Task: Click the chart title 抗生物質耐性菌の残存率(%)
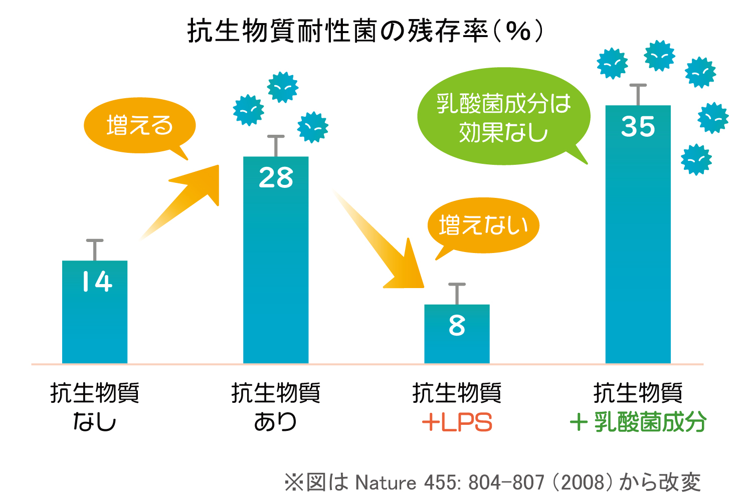pyautogui.click(x=365, y=31)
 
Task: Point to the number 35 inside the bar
pyautogui.click(x=638, y=127)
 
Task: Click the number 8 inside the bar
pyautogui.click(x=457, y=326)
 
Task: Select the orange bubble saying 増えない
pyautogui.click(x=483, y=225)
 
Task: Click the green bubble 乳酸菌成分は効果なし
pyautogui.click(x=503, y=117)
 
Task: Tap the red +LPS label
pyautogui.click(x=457, y=422)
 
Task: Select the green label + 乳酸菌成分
pyautogui.click(x=638, y=422)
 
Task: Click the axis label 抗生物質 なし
pyautogui.click(x=95, y=407)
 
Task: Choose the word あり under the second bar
pyautogui.click(x=275, y=422)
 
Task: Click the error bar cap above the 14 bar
pyautogui.click(x=95, y=241)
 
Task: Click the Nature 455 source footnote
pyautogui.click(x=492, y=482)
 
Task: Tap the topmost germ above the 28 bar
pyautogui.click(x=283, y=87)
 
